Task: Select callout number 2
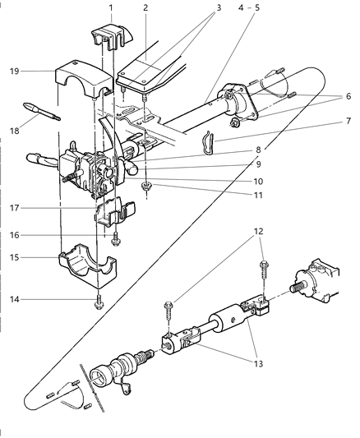tap(145, 7)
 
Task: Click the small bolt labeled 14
tap(99, 302)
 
